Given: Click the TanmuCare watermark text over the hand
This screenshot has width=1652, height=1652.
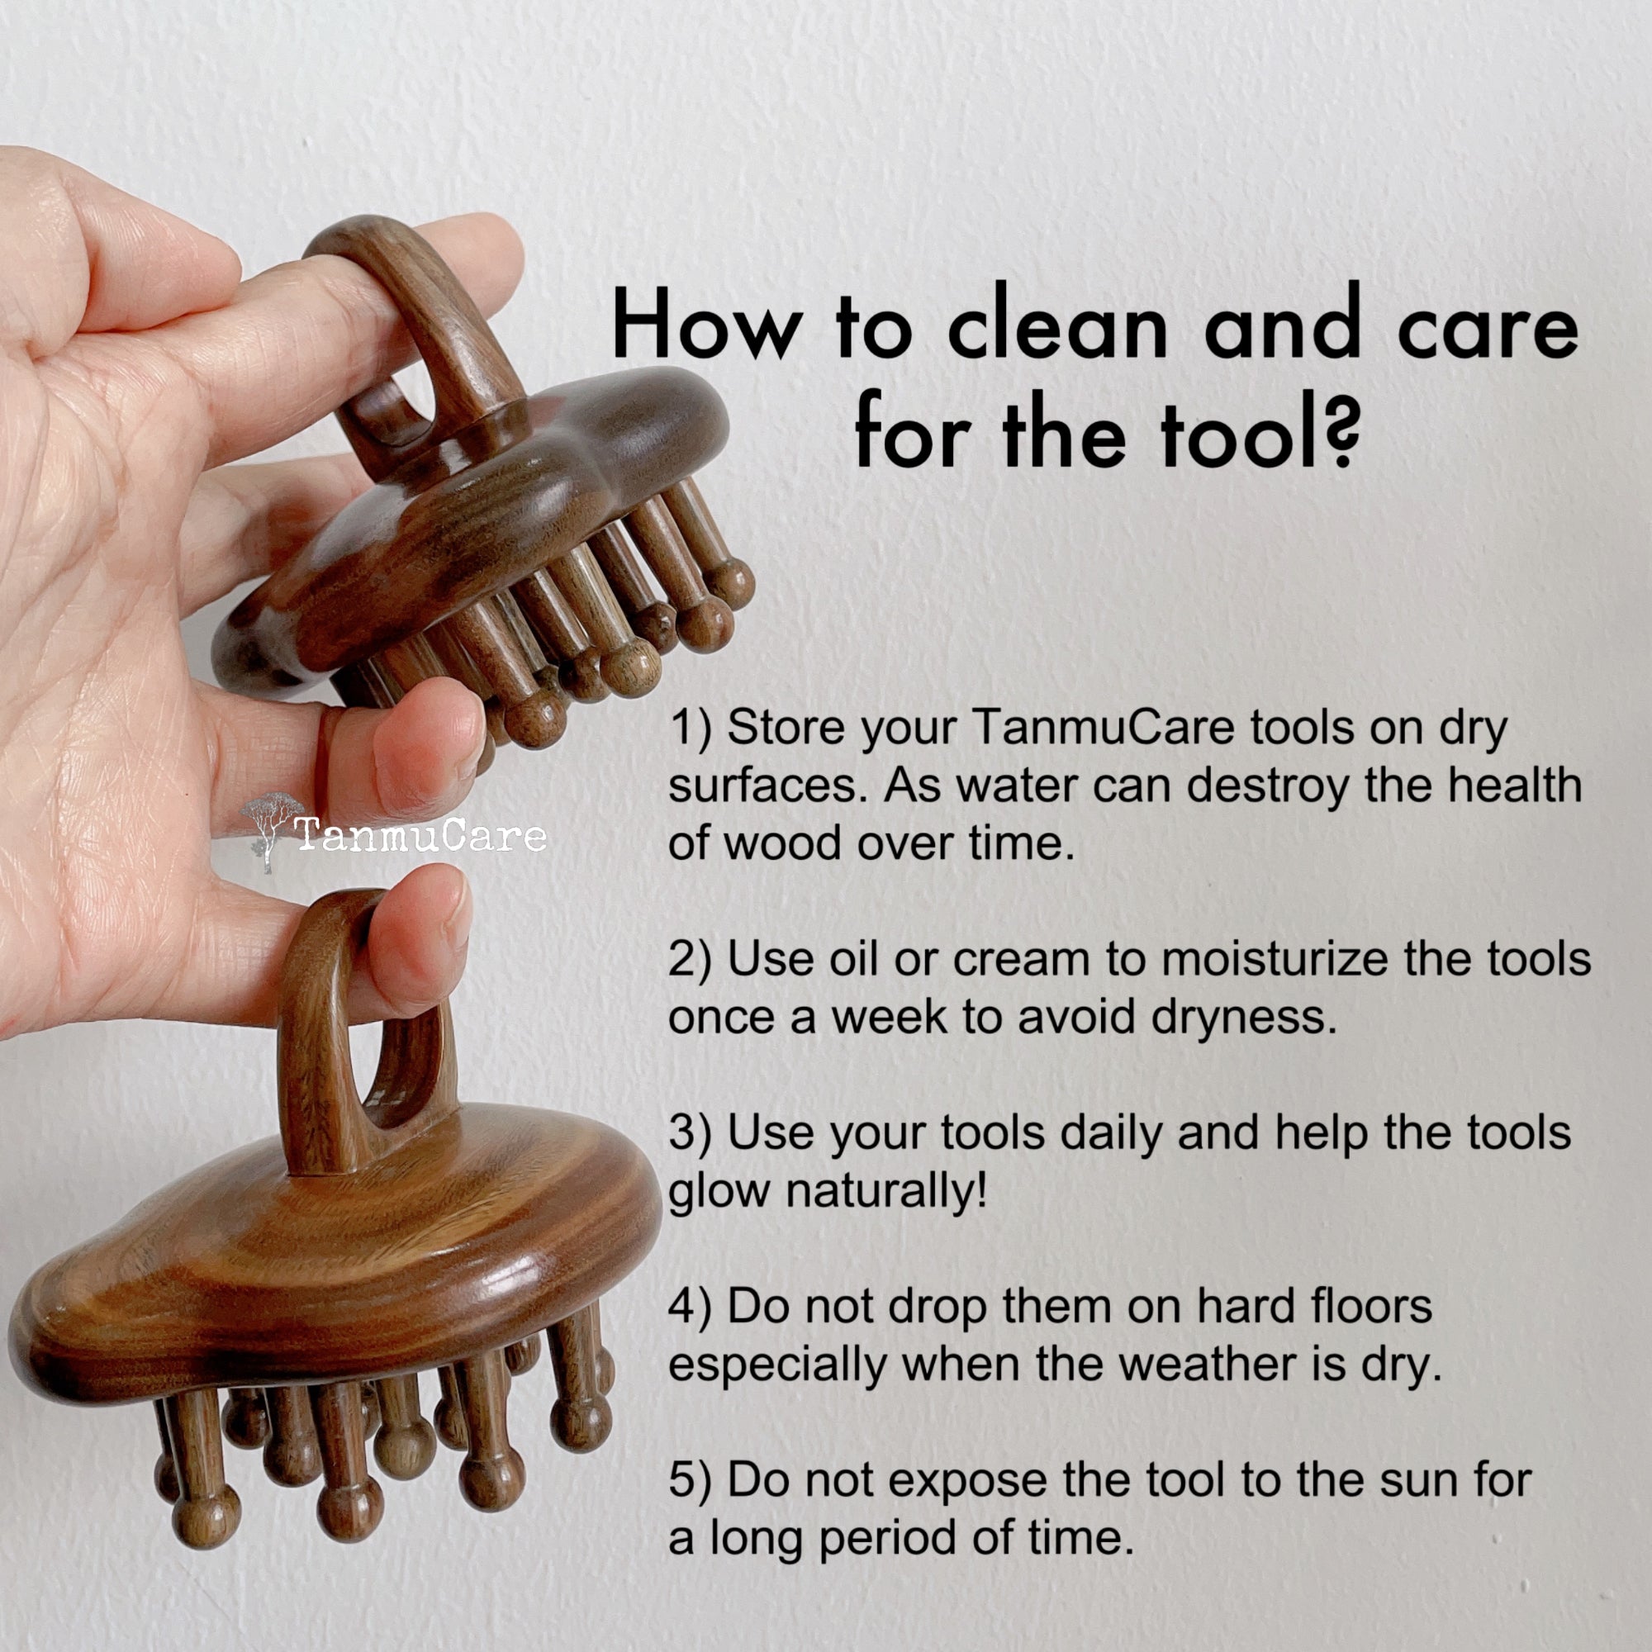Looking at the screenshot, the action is point(420,834).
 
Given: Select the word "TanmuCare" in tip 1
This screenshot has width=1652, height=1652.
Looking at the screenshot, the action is point(1103,728).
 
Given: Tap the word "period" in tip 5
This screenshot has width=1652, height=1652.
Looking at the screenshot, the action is point(889,1540).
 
